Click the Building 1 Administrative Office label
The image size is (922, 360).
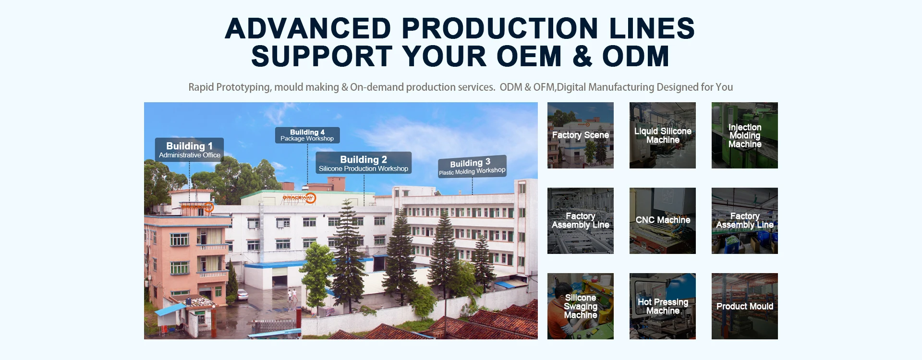click(x=189, y=150)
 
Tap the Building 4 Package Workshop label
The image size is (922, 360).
click(x=307, y=135)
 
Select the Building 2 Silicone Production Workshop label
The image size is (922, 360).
click(x=364, y=163)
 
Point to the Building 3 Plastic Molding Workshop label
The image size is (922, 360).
click(x=472, y=167)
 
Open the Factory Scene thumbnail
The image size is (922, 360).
click(x=581, y=135)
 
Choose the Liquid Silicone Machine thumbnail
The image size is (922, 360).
click(x=663, y=135)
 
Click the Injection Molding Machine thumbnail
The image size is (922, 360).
click(x=745, y=135)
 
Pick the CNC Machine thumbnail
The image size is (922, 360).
click(x=663, y=221)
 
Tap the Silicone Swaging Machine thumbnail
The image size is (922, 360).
click(x=581, y=306)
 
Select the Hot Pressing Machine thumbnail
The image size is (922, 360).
click(x=663, y=306)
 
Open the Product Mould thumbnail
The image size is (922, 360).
click(x=745, y=306)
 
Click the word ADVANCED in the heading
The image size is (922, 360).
click(x=308, y=28)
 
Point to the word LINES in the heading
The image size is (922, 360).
click(x=652, y=28)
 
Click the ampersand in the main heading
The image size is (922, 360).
click(x=582, y=56)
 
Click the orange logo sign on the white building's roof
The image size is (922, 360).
click(x=300, y=198)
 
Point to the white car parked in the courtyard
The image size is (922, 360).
click(x=243, y=294)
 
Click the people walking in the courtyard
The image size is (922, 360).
click(x=292, y=295)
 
